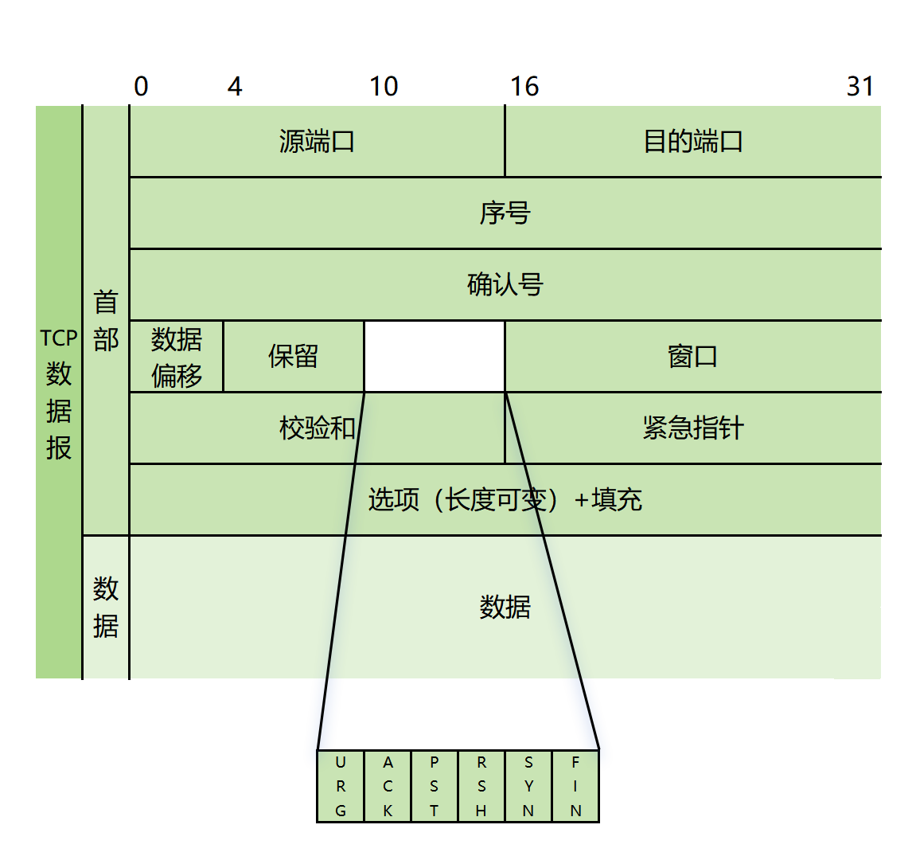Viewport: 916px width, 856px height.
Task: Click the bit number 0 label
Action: tap(141, 86)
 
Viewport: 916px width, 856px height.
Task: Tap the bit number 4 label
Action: tap(235, 86)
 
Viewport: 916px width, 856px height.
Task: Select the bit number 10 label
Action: tap(384, 86)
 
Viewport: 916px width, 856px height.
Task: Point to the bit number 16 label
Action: tap(524, 86)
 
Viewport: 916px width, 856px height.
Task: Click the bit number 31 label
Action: tap(860, 86)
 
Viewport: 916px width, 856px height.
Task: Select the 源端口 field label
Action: tap(317, 142)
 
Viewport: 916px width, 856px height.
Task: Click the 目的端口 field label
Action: tap(692, 142)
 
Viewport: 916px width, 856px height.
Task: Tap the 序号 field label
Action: tap(505, 213)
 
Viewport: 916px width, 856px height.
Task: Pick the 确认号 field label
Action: tap(505, 285)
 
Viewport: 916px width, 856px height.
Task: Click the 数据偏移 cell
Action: tap(177, 357)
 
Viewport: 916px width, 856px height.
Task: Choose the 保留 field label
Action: tap(293, 357)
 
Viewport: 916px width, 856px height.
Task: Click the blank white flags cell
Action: tap(435, 357)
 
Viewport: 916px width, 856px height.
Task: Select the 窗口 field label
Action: tap(692, 357)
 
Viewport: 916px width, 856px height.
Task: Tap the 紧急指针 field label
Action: tap(692, 428)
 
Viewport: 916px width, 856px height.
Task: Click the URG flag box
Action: tap(341, 786)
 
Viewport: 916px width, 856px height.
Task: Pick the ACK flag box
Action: tap(388, 786)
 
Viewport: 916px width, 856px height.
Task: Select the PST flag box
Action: tap(435, 786)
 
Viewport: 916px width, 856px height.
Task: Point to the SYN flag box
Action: tap(528, 786)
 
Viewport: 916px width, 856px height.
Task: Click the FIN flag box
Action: tap(575, 786)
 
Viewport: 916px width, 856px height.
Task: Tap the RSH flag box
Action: tap(481, 786)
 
